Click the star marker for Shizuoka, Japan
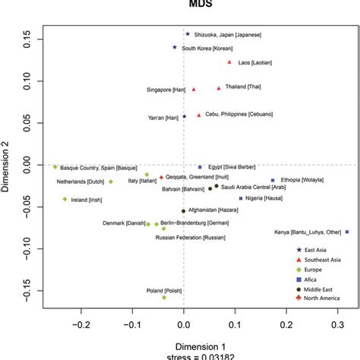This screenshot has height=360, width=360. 188,34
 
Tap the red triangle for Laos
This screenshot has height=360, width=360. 229,62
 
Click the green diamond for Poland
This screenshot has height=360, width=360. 164,298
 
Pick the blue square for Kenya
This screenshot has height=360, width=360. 347,232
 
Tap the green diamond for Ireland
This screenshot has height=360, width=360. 65,199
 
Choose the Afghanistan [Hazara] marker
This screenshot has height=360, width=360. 183,211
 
